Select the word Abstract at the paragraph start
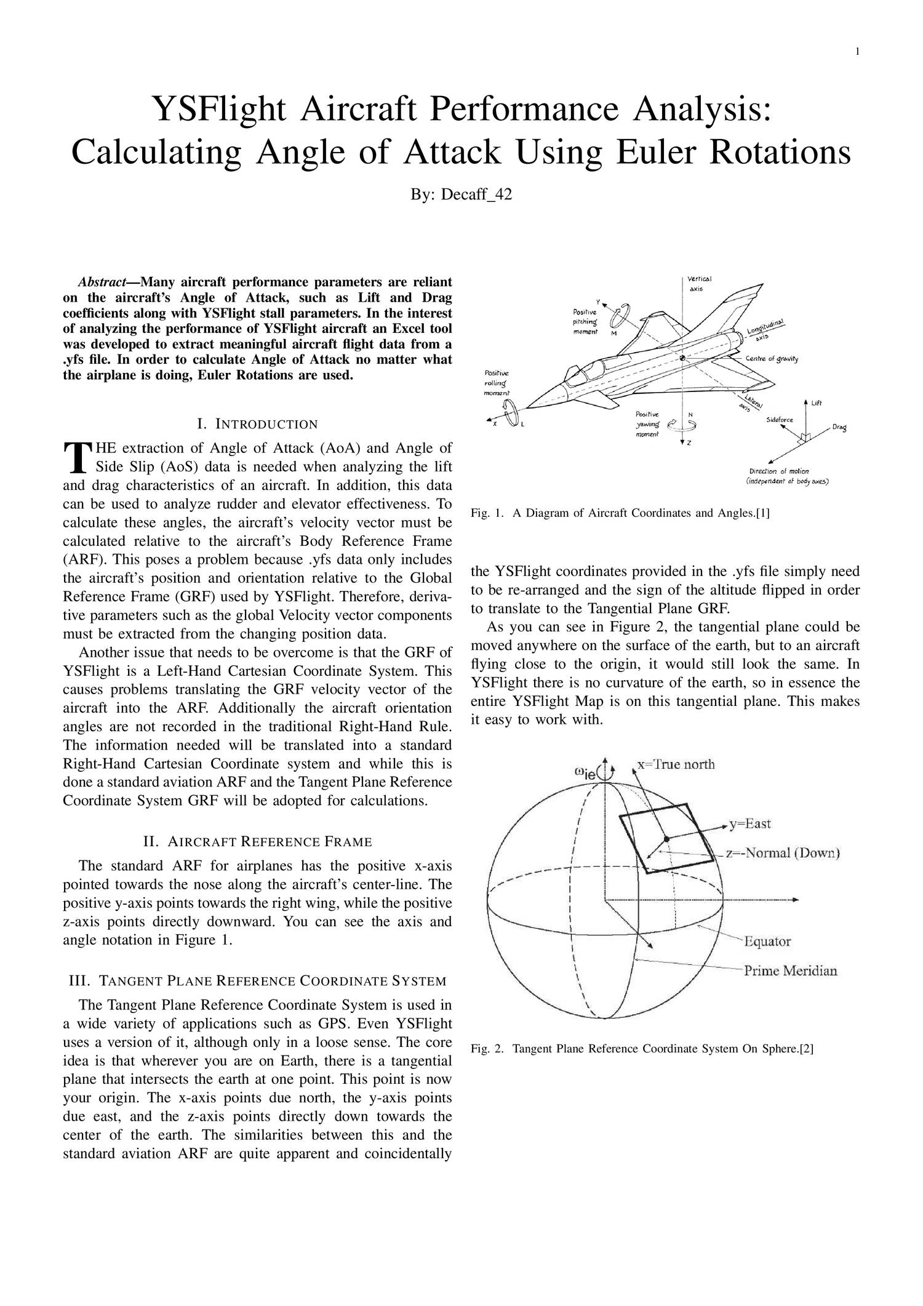click(x=102, y=282)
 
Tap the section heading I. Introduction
click(x=257, y=424)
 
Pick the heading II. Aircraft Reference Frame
click(x=257, y=841)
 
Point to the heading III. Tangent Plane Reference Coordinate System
click(x=257, y=980)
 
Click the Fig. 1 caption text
click(x=620, y=513)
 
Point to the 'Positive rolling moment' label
click(x=497, y=383)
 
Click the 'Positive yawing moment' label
click(x=648, y=424)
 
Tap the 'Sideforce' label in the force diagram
click(x=779, y=420)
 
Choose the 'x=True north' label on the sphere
click(x=676, y=764)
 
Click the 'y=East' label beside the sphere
click(x=750, y=824)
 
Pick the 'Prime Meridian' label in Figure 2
click(x=790, y=971)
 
